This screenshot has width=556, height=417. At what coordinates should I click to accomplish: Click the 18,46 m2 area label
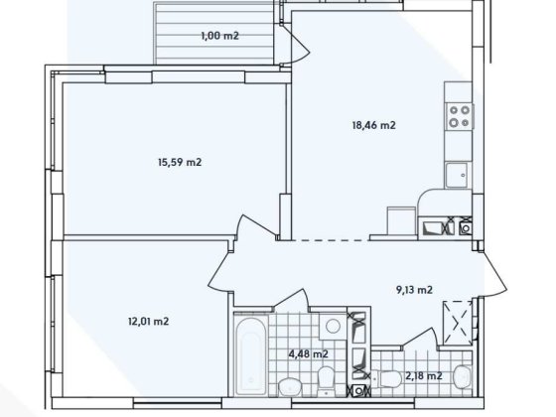[x=375, y=126]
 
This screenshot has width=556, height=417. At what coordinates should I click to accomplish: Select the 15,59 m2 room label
[x=181, y=162]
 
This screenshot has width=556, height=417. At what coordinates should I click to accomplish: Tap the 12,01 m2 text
[x=147, y=321]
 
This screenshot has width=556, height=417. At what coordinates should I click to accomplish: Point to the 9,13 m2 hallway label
[x=410, y=290]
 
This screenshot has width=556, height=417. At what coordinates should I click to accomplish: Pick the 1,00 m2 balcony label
[x=220, y=36]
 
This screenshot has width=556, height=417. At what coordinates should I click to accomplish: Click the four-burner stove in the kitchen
[x=459, y=118]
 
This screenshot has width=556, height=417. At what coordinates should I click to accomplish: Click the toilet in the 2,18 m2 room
[x=459, y=377]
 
